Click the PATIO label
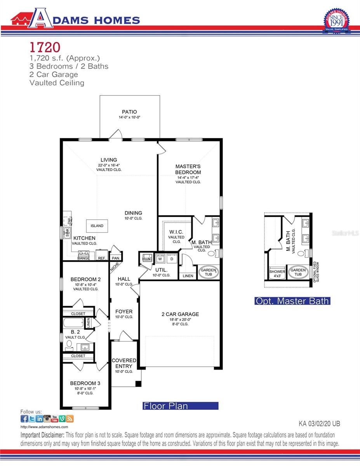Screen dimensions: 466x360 point(129,112)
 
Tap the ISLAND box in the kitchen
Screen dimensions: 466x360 point(97,226)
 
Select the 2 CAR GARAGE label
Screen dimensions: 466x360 point(180,314)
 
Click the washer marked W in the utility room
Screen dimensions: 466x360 point(160,259)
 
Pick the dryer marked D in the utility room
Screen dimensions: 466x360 point(172,259)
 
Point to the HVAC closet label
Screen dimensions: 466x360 point(147,259)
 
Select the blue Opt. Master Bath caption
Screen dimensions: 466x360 point(292,301)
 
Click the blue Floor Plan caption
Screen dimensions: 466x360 point(181,406)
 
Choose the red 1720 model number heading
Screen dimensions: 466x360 point(45,47)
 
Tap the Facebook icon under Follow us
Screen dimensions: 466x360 point(24,419)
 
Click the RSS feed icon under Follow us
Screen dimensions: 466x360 point(70,419)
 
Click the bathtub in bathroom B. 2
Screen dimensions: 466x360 point(73,323)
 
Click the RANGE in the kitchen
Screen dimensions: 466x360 point(83,256)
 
